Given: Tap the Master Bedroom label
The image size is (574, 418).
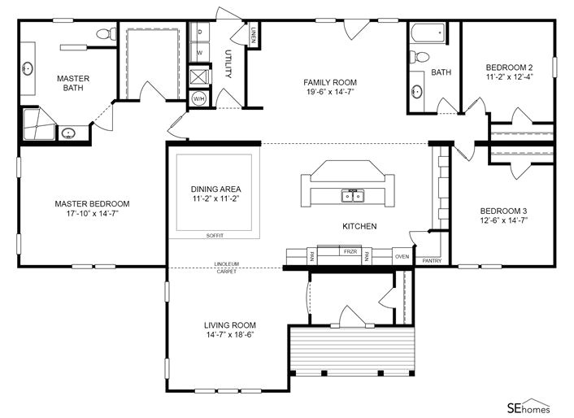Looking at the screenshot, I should click(x=92, y=204).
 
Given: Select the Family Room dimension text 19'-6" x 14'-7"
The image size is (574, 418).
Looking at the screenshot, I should click(x=329, y=92).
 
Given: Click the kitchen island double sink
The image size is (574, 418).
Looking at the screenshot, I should click(x=352, y=196).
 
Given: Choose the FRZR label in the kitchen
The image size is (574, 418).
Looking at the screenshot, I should click(x=350, y=252).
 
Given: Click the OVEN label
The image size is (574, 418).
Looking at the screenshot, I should click(x=402, y=256).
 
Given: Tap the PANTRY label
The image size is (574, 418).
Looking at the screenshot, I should click(x=432, y=261).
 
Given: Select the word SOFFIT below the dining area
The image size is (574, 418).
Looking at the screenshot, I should click(x=215, y=235).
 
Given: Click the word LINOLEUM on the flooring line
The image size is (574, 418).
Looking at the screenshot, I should click(x=226, y=264).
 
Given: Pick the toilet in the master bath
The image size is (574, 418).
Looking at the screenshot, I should click(x=104, y=34).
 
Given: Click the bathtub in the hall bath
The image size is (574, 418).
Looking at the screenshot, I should click(x=428, y=34).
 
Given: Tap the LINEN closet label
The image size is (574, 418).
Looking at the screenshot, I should click(x=254, y=34).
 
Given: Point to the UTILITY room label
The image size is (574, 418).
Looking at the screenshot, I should click(x=228, y=63).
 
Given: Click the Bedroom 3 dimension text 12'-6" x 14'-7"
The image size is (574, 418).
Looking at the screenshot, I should click(x=503, y=220).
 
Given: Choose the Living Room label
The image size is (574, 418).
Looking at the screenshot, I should click(x=229, y=324).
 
